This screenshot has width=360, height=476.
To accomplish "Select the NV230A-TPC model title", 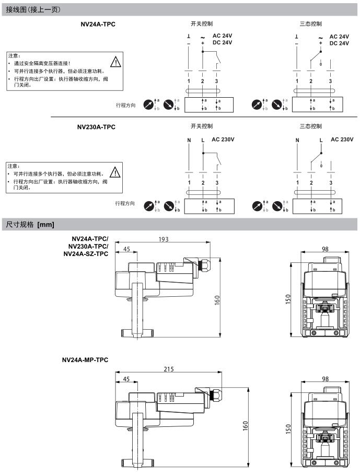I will [x=96, y=126].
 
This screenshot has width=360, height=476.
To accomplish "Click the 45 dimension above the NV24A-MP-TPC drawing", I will [x=126, y=378].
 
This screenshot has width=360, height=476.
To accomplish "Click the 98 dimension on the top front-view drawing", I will [x=325, y=249].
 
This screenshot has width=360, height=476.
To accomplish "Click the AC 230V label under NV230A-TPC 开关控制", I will [x=223, y=140].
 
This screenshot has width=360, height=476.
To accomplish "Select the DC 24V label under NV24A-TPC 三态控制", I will [x=339, y=43].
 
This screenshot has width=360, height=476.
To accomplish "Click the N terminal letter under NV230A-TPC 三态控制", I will [x=297, y=140].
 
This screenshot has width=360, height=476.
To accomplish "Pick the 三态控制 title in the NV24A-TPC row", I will [x=310, y=24].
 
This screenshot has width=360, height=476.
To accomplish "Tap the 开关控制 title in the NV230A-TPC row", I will [x=201, y=126].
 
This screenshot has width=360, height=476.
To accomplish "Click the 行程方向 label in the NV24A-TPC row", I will [x=125, y=105].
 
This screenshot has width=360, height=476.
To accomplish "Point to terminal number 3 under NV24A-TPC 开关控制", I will [x=216, y=81].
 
